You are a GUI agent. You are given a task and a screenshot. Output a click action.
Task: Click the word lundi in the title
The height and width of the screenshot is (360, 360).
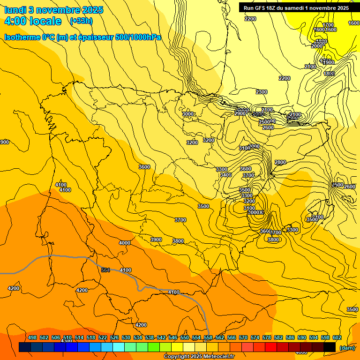[15, 10]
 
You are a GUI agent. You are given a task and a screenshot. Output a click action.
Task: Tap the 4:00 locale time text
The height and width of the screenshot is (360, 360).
[33, 21]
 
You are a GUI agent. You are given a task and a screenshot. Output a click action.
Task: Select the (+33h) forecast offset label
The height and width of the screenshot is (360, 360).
[81, 21]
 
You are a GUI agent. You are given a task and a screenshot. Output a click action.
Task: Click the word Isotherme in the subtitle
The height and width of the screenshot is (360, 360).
[22, 37]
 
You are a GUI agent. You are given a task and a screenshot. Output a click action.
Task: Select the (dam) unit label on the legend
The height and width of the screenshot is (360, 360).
[346, 348]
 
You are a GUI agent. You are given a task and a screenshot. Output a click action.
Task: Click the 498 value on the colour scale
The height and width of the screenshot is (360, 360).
[32, 338]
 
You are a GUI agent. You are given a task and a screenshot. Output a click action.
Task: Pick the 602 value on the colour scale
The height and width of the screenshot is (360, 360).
[337, 338]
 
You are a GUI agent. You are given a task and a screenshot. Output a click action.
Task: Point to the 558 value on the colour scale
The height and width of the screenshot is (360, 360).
[208, 338]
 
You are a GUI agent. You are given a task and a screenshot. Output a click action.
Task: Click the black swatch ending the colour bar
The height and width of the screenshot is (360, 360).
[330, 347]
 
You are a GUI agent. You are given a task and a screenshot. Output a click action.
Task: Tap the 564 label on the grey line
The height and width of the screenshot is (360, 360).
[105, 270]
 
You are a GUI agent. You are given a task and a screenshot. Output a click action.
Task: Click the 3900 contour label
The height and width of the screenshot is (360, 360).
[156, 240]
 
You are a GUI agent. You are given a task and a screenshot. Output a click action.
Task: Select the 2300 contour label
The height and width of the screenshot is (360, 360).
[262, 92]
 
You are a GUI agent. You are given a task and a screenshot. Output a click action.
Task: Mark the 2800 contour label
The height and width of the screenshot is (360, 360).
[280, 163]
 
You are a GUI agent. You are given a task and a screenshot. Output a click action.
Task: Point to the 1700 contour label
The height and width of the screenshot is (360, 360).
[328, 25]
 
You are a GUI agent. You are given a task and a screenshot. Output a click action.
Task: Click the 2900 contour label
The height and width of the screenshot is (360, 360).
[240, 113]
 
